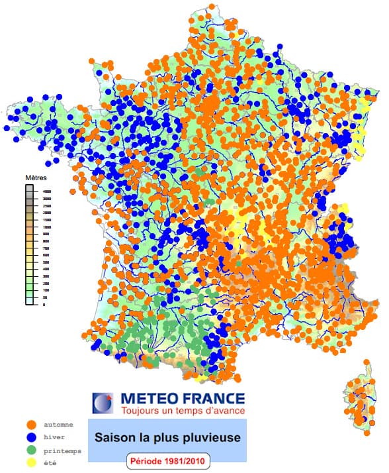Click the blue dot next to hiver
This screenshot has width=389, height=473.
pos(31,437)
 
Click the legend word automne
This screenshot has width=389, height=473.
pos(58,424)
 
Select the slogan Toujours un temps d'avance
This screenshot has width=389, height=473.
pos(182,411)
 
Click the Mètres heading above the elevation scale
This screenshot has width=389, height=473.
pos(36,178)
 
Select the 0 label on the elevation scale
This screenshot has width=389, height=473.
pos(45,305)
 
